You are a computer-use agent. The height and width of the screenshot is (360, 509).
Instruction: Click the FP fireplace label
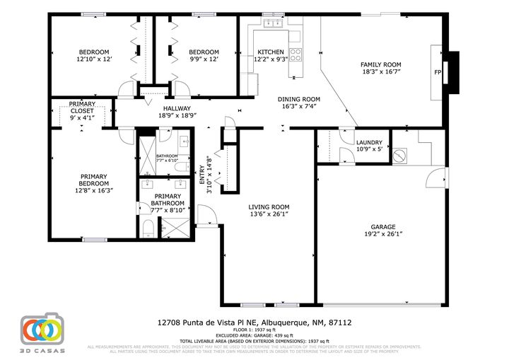438,72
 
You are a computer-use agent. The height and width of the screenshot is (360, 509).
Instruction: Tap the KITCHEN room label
270,52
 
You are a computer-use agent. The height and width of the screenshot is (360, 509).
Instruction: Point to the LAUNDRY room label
369,142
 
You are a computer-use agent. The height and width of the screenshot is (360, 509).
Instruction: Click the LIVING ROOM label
269,207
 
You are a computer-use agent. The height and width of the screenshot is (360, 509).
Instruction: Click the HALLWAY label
158,108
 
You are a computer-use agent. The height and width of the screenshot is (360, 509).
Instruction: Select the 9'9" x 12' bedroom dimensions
204,59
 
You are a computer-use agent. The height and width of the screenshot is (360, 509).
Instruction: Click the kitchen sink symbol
272,24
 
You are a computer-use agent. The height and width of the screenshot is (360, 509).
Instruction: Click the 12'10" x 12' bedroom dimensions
93,59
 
